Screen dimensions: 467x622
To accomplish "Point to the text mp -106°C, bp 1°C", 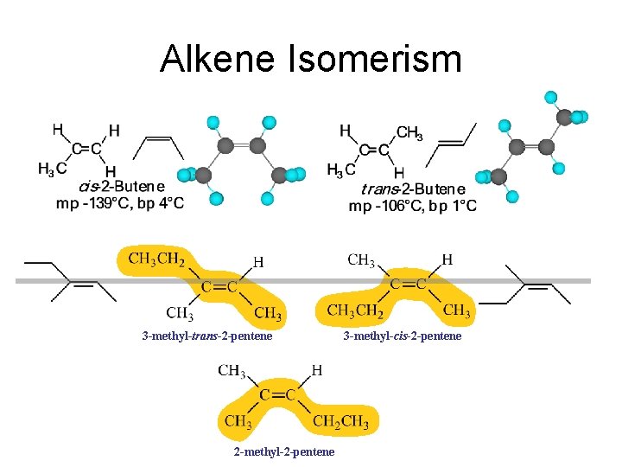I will [x=412, y=206].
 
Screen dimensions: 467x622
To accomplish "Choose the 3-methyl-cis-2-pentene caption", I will [x=403, y=336].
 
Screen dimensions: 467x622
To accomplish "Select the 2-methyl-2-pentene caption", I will [x=284, y=452].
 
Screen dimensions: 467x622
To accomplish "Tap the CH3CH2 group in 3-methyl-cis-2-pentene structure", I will [x=353, y=310].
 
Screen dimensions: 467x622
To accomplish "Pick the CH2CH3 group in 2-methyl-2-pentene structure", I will [x=340, y=422].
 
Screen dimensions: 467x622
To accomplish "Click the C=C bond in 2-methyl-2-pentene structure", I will [x=279, y=395].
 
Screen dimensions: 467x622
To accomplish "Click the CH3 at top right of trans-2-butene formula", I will [x=409, y=132].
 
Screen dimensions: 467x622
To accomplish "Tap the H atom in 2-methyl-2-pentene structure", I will [x=317, y=370].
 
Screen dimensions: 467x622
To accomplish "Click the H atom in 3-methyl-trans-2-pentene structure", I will [x=258, y=260].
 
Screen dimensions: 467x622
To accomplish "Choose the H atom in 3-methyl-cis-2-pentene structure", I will [x=447, y=259].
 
